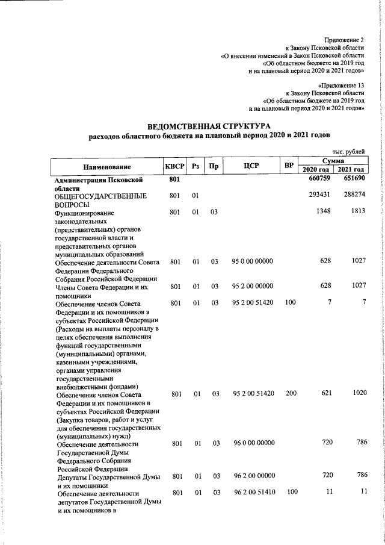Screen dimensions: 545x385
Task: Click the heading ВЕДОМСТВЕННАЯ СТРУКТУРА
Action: tap(209, 126)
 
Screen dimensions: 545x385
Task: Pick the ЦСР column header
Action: tap(252, 166)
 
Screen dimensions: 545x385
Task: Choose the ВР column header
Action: tap(289, 166)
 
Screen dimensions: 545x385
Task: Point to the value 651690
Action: tap(354, 179)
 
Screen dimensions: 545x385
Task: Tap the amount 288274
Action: tap(354, 196)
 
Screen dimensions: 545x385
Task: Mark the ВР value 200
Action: tap(290, 393)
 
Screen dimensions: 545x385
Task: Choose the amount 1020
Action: tap(359, 393)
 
